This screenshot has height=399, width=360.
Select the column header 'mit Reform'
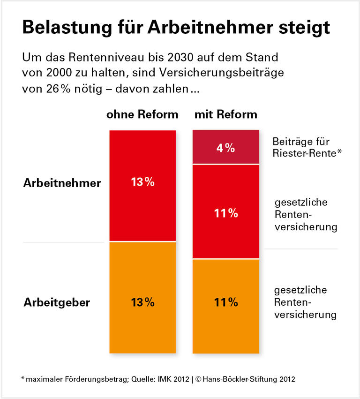(x=225, y=114)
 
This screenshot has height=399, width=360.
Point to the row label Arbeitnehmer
(x=62, y=183)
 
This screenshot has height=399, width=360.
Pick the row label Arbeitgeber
(x=57, y=302)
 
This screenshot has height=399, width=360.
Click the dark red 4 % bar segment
(x=225, y=147)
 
